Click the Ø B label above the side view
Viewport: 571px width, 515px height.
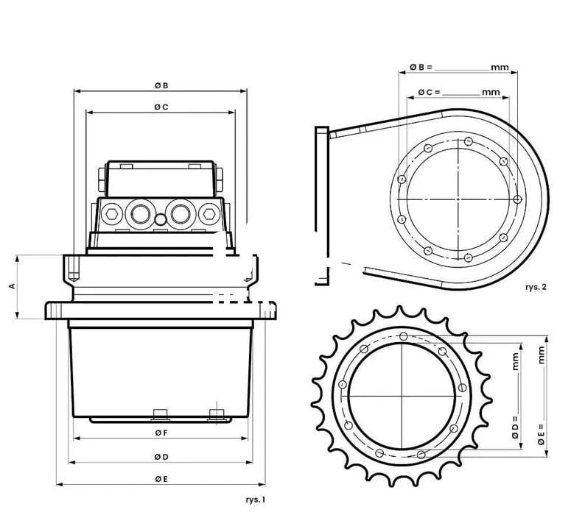pyautogui.click(x=161, y=85)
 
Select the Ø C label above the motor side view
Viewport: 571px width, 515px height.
pyautogui.click(x=161, y=107)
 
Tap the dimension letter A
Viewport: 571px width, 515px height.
pyautogui.click(x=12, y=287)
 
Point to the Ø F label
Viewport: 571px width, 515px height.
pyautogui.click(x=161, y=433)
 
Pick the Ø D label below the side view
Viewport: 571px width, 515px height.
pyautogui.click(x=161, y=457)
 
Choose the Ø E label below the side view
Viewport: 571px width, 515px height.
pyautogui.click(x=161, y=480)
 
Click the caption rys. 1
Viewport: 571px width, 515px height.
pyautogui.click(x=255, y=499)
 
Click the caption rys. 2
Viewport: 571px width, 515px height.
pyautogui.click(x=536, y=287)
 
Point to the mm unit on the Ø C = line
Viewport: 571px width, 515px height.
pyautogui.click(x=490, y=92)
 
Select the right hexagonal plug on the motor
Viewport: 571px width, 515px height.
pyautogui.click(x=209, y=214)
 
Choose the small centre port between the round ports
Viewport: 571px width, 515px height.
pyautogui.click(x=161, y=219)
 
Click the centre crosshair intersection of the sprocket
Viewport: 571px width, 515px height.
pyautogui.click(x=401, y=397)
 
